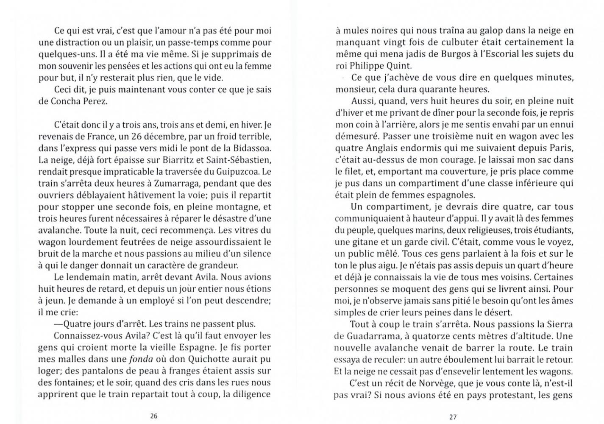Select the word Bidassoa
point(252,148)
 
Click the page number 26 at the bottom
point(154,416)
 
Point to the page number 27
point(453,417)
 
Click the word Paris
point(562,148)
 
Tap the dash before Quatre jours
point(58,324)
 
